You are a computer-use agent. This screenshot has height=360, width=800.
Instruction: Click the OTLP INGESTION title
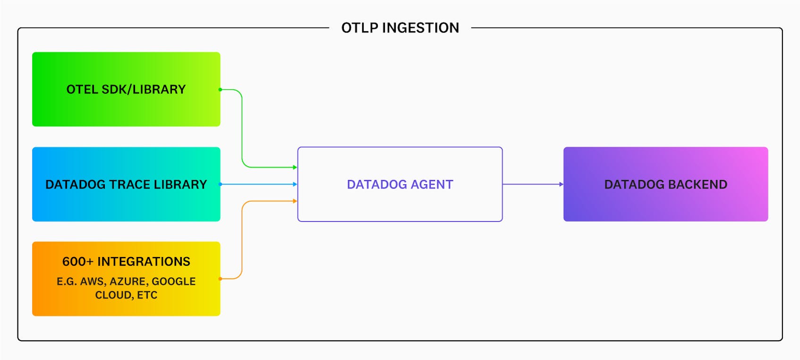pos(400,28)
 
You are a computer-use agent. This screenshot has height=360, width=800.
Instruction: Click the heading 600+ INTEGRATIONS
pos(126,262)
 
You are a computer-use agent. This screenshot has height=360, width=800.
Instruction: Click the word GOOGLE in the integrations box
pos(173,282)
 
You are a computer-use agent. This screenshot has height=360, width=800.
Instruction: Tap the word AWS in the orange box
pos(92,282)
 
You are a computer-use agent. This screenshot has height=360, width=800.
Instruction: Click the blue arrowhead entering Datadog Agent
pos(295,184)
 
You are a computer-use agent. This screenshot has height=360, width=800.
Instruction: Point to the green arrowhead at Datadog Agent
pos(295,167)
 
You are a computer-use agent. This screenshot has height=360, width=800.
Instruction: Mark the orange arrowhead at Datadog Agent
pos(295,201)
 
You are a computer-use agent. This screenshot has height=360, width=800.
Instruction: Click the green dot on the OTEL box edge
pos(220,89)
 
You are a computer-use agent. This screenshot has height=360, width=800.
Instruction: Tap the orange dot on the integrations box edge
pos(220,279)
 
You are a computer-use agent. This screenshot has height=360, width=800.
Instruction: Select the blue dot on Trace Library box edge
pos(220,184)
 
